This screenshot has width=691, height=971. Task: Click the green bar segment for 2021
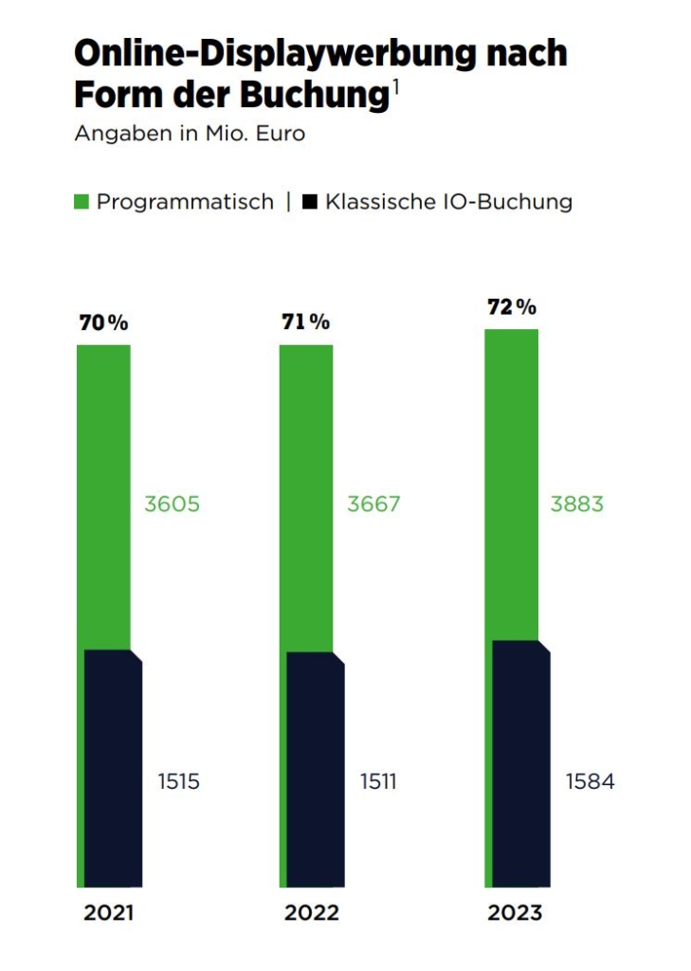(103, 493)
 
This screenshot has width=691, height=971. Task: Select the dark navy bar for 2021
(113, 768)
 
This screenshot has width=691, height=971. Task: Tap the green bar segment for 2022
(305, 493)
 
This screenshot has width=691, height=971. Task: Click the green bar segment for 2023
(511, 484)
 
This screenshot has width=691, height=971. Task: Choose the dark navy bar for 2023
(520, 763)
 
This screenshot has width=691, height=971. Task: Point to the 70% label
(102, 322)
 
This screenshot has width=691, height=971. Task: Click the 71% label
(305, 322)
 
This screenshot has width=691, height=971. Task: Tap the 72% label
(512, 307)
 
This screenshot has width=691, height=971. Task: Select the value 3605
(172, 504)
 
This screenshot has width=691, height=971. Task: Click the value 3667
(373, 504)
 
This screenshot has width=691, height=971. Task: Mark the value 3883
(576, 504)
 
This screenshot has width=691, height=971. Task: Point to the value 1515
(178, 782)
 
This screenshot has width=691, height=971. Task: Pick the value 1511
(378, 782)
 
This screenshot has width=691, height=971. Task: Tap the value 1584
(590, 782)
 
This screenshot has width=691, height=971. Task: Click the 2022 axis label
(311, 913)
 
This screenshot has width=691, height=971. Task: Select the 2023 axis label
(515, 913)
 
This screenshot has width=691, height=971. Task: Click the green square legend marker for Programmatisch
(82, 202)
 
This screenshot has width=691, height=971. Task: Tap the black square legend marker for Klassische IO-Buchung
(309, 202)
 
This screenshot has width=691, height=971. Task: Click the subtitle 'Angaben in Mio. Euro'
(190, 133)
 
